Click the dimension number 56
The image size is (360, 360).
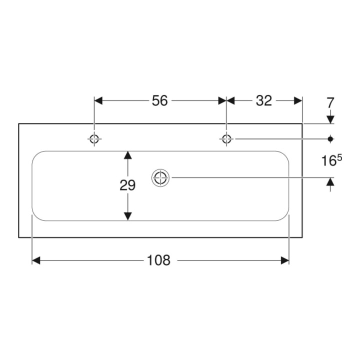pyautogui.click(x=160, y=100)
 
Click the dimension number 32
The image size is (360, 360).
pyautogui.click(x=264, y=100)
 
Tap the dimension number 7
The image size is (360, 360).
pyautogui.click(x=330, y=102)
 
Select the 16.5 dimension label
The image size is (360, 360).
pyautogui.click(x=331, y=160)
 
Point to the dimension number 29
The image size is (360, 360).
pyautogui.click(x=127, y=185)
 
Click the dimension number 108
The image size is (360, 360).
pyautogui.click(x=158, y=260)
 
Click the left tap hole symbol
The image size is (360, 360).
pyautogui.click(x=94, y=139)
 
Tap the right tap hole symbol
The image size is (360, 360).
pyautogui.click(x=226, y=139)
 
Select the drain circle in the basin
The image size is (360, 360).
pyautogui.click(x=160, y=177)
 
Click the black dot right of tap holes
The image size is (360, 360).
pyautogui.click(x=330, y=139)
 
